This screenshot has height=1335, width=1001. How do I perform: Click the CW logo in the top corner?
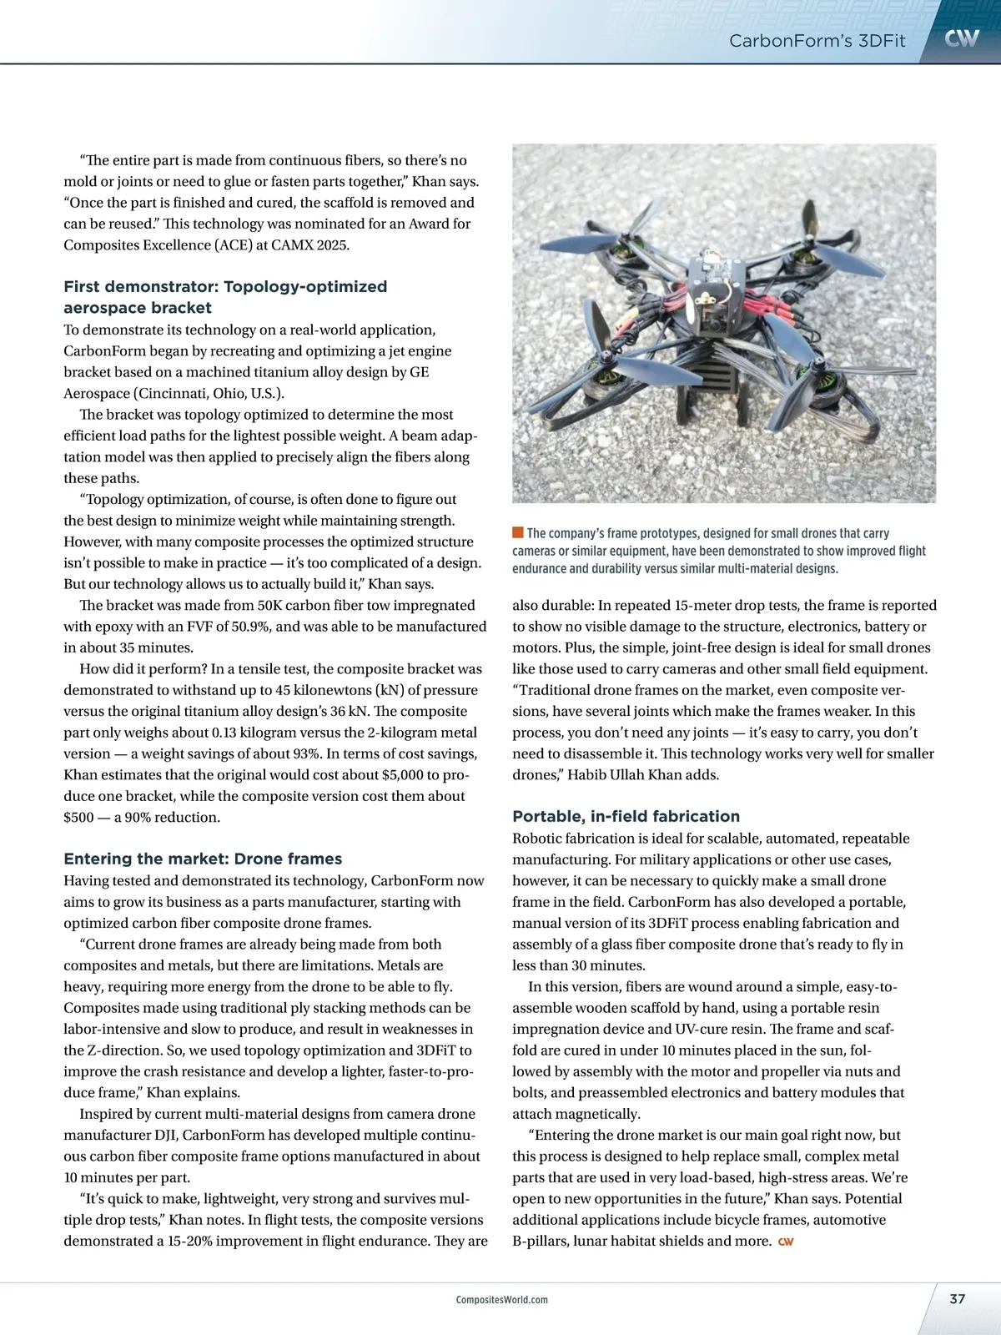point(962,38)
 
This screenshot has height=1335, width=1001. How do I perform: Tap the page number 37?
point(957,1298)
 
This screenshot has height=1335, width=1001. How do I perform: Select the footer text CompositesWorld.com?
point(502,1299)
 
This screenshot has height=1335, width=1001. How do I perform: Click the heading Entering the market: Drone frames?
point(203,859)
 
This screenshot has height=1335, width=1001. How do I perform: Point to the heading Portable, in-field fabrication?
point(626,816)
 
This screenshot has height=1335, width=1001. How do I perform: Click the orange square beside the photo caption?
point(517,532)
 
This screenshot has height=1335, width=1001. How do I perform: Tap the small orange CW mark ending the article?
point(785,1242)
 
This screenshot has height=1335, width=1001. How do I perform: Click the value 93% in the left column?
point(303,753)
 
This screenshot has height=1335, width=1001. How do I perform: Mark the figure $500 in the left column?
point(78,817)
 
